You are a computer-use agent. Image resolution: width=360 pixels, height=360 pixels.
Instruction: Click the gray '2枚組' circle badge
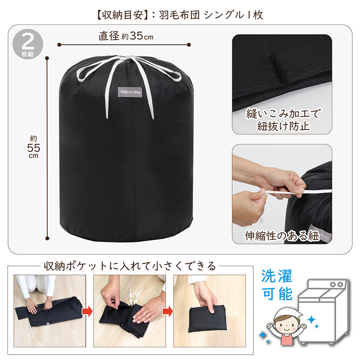[x=27, y=44]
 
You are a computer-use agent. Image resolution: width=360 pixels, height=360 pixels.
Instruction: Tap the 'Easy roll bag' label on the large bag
[x=130, y=92]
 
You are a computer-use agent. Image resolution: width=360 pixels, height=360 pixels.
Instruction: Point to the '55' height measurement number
[x=33, y=148]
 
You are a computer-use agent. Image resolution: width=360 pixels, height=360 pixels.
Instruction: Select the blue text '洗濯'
[x=277, y=276]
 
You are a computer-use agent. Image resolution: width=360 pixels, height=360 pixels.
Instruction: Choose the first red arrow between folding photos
[x=87, y=311]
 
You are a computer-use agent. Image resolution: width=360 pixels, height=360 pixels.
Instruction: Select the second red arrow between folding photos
[x=167, y=311]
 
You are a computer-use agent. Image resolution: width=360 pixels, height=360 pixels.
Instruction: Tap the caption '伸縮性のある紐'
[x=282, y=236]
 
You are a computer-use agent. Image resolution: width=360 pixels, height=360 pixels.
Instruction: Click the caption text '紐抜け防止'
[x=283, y=126]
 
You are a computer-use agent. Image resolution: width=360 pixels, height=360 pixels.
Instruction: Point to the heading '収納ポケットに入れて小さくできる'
[x=130, y=266]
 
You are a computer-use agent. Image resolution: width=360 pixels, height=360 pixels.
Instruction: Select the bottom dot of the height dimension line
[x=48, y=238]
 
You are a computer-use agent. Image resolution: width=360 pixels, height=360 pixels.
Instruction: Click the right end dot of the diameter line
[x=189, y=45]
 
